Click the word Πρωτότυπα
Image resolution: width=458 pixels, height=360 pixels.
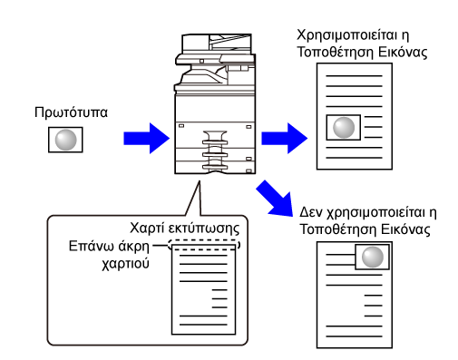tap(71, 112)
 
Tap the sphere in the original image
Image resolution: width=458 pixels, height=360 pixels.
tap(65, 140)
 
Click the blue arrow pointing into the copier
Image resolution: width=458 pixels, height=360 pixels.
tap(147, 138)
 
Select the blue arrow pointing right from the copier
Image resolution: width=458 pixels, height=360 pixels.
tap(285, 138)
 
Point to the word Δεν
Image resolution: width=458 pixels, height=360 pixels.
tap(311, 212)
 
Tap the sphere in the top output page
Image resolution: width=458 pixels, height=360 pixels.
tap(344, 128)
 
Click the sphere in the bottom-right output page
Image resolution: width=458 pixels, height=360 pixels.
tap(373, 257)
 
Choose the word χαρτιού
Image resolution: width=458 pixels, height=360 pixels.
tap(125, 264)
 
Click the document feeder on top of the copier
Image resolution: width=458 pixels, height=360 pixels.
tap(217, 43)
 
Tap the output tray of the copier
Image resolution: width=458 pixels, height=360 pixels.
tap(202, 77)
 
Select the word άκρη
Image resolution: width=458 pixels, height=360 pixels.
tap(134, 247)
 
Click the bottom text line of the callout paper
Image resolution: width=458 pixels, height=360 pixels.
tap(203, 325)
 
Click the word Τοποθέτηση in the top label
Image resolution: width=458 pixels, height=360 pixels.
tap(336, 52)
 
